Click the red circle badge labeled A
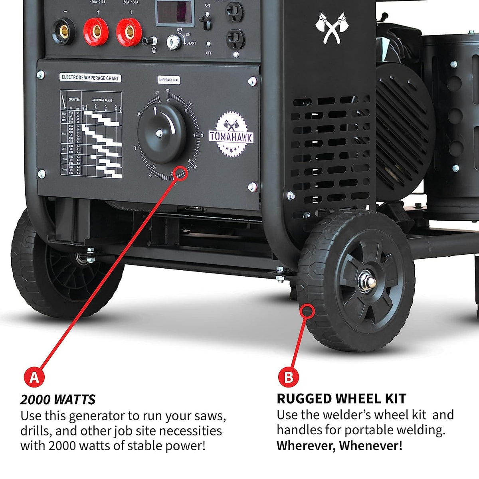point(34,377)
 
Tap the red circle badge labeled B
point(289,377)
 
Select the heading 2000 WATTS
point(58,400)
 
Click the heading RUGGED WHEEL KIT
point(341,398)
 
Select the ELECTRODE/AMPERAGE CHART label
point(90,78)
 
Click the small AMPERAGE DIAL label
point(169,80)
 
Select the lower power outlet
point(235,39)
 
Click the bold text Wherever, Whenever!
point(339,445)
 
